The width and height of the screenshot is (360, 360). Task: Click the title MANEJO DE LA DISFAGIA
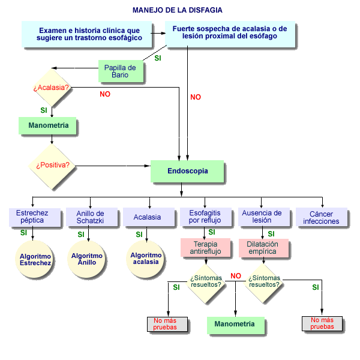177,10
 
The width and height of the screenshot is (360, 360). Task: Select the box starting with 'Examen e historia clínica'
87,34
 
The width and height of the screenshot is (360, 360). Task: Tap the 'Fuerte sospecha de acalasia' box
230,34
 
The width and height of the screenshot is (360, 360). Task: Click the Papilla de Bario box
121,71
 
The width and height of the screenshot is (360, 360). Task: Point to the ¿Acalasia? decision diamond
52,88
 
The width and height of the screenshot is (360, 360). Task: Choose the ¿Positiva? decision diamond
52,166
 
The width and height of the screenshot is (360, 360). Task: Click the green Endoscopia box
187,171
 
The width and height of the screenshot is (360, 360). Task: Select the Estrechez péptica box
35,217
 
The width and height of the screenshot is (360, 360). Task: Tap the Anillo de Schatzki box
92,217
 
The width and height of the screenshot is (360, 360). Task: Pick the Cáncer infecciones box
322,217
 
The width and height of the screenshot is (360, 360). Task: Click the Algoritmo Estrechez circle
34,259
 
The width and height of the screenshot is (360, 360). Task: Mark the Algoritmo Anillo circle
86,259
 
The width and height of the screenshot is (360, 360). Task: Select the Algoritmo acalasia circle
145,259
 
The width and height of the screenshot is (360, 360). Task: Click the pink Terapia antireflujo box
205,248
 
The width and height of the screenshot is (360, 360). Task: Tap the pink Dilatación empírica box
263,248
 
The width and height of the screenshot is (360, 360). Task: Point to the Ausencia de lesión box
264,217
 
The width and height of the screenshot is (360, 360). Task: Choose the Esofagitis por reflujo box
206,217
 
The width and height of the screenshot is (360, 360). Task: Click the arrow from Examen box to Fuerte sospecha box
158,33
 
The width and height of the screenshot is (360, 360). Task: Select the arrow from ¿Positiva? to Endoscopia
113,166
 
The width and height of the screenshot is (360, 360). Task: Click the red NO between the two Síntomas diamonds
236,276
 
